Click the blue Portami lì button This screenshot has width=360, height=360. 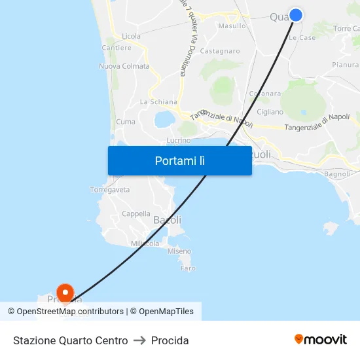(179, 160)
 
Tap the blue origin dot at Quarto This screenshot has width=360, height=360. (296, 14)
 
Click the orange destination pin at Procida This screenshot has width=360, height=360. (65, 292)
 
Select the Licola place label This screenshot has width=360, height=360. (131, 36)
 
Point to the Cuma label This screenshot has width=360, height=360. (126, 122)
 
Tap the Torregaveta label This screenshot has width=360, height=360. (109, 190)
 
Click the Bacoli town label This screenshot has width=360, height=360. (167, 220)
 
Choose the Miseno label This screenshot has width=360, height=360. (179, 251)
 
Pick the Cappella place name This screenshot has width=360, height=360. (136, 213)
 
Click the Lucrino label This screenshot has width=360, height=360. (179, 140)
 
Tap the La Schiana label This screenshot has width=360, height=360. (158, 101)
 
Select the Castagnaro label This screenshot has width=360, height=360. (220, 50)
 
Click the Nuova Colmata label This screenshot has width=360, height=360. (124, 66)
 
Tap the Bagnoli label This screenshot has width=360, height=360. (338, 174)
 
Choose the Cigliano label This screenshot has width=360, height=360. (270, 112)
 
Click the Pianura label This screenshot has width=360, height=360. (345, 65)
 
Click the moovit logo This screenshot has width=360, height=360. (320, 339)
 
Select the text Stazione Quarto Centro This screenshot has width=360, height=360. (71, 340)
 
